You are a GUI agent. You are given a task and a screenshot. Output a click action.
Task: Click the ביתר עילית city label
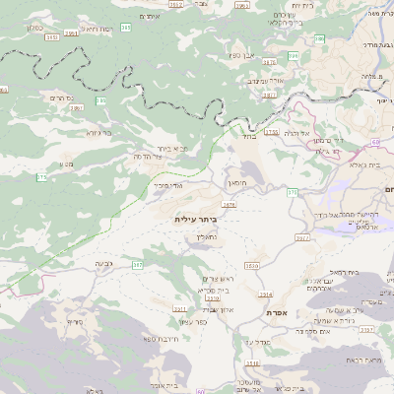click(x=194, y=218)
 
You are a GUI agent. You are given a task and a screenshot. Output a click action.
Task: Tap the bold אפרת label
click(x=275, y=311)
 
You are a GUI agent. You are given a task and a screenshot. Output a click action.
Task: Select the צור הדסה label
click(x=147, y=156)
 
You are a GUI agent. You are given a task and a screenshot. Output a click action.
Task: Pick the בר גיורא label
click(x=98, y=132)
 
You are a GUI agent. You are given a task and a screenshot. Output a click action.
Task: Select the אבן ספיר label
click(x=242, y=56)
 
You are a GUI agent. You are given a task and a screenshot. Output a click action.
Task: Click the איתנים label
click(x=150, y=17)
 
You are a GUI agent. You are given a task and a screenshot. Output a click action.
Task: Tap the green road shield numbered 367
click(x=137, y=265)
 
